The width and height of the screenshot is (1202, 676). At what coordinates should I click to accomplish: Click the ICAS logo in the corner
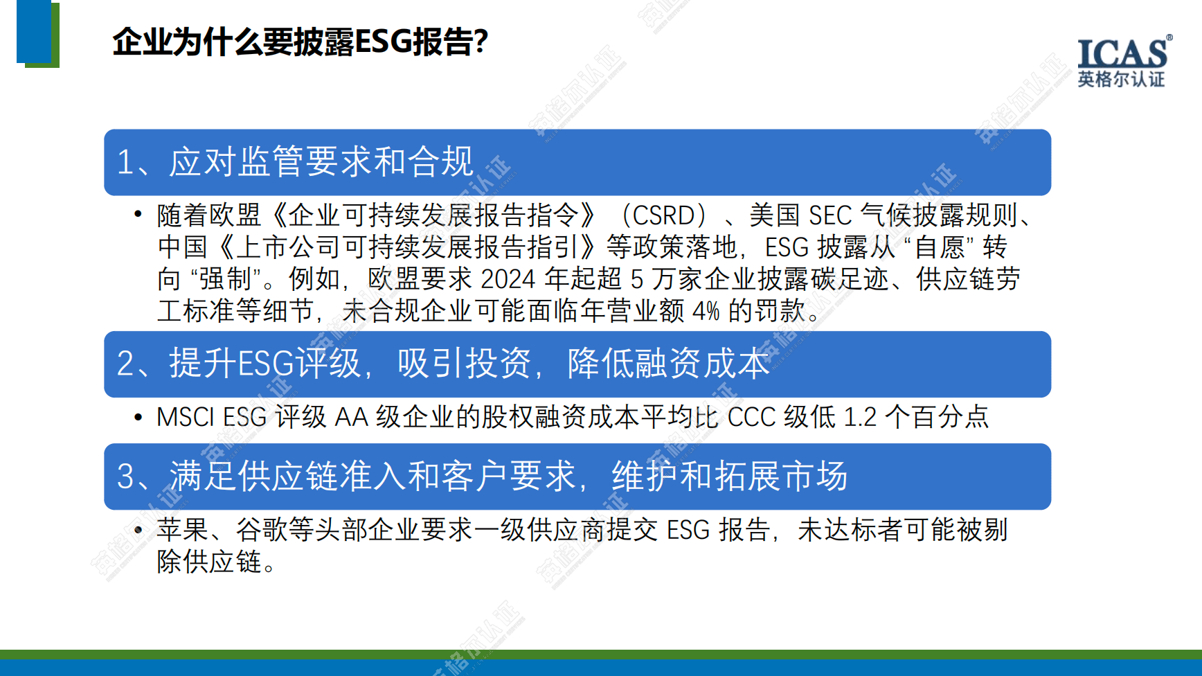[x=1124, y=62]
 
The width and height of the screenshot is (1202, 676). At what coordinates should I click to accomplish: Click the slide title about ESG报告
[x=300, y=42]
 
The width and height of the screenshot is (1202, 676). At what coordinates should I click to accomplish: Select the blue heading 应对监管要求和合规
[x=321, y=161]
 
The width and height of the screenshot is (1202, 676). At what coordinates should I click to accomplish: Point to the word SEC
[x=830, y=215]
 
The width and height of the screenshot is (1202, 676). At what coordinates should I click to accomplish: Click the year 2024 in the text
[x=508, y=279]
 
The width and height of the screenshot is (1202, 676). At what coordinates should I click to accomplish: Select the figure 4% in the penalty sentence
[x=706, y=311]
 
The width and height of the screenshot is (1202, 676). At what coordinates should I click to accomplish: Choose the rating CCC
[x=751, y=417]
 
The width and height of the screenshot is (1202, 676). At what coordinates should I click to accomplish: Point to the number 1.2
[x=861, y=417]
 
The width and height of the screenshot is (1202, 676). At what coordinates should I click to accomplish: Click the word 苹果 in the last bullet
[x=183, y=530]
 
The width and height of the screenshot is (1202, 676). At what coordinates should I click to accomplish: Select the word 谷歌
[x=262, y=530]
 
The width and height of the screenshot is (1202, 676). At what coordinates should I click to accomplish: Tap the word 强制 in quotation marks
[x=225, y=279]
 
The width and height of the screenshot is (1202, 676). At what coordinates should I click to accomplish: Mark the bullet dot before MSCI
[x=138, y=417]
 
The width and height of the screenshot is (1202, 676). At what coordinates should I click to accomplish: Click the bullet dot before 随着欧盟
[x=138, y=215]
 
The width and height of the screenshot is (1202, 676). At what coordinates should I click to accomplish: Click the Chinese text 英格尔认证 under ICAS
[x=1121, y=80]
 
